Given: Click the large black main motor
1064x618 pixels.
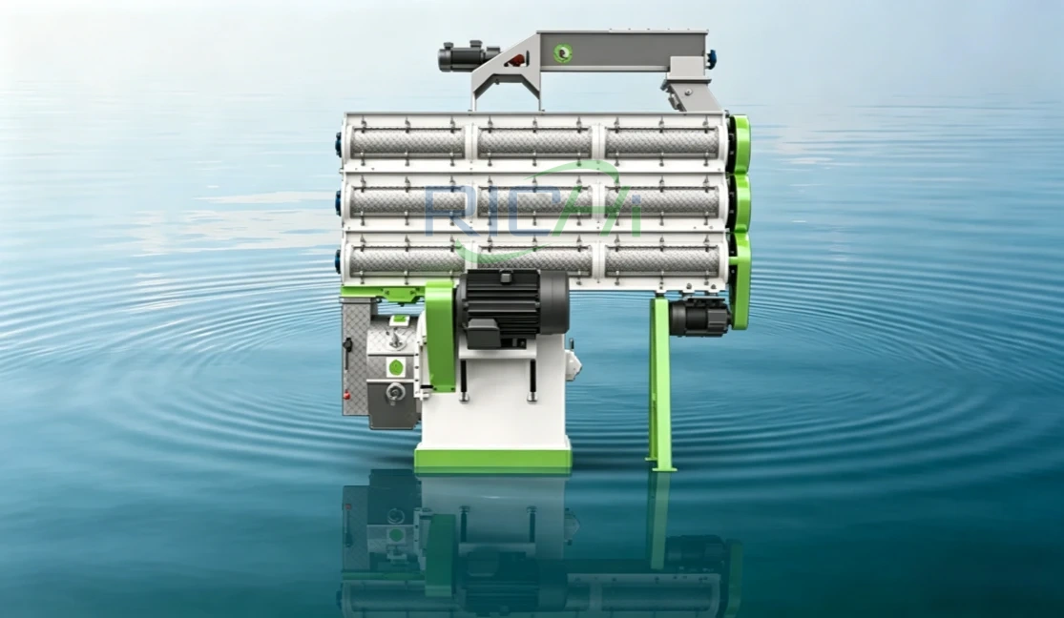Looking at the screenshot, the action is pyautogui.click(x=513, y=306).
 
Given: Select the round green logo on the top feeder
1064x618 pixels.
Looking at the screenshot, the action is pyautogui.click(x=562, y=52).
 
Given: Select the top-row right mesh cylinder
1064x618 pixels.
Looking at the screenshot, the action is pyautogui.click(x=661, y=142).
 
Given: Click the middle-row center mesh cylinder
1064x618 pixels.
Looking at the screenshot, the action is pyautogui.click(x=534, y=201).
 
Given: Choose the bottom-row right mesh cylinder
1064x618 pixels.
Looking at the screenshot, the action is pyautogui.click(x=661, y=259).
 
